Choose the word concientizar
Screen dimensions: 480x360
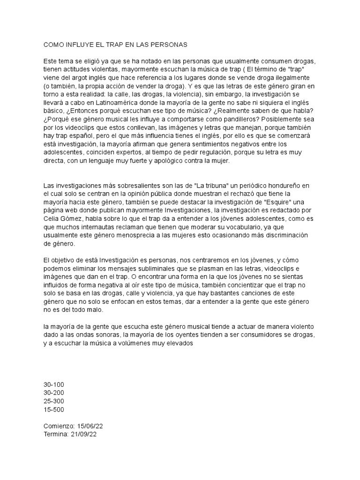point(253,286)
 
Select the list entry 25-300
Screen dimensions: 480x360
point(53,402)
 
